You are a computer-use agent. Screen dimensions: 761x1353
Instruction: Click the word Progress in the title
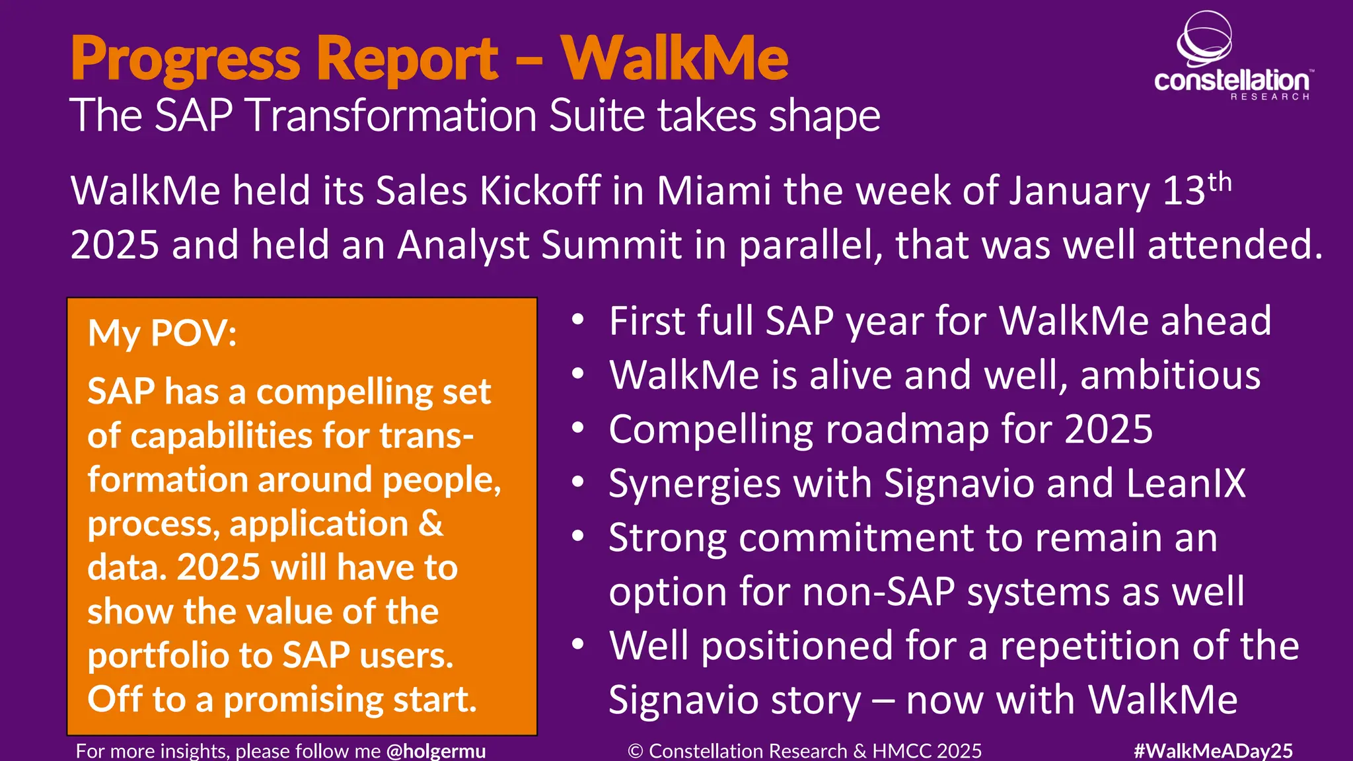click(x=186, y=59)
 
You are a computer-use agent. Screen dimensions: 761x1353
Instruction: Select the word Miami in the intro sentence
click(x=714, y=191)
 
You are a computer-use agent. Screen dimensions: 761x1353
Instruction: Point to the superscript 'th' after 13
click(x=1220, y=181)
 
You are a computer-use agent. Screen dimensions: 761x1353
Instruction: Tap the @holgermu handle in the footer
click(x=436, y=750)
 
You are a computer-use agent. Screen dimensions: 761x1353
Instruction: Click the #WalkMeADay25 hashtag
click(x=1213, y=750)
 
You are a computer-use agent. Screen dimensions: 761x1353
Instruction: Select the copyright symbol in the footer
click(x=636, y=751)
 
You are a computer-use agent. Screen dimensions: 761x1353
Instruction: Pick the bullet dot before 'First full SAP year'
click(x=578, y=320)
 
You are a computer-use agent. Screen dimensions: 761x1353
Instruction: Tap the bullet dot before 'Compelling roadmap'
click(x=578, y=429)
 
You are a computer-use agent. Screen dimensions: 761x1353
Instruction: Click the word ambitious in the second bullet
click(x=1170, y=375)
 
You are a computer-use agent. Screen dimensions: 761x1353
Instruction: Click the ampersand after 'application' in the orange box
click(x=431, y=523)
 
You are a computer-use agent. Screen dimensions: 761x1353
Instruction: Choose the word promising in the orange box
click(x=303, y=700)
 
